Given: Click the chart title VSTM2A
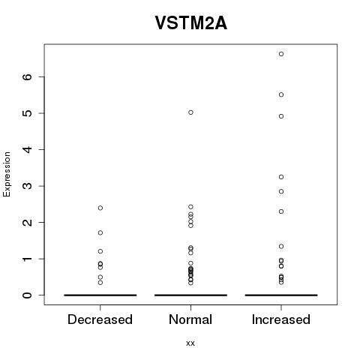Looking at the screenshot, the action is [x=191, y=23].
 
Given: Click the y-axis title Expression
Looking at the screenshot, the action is [x=7, y=174].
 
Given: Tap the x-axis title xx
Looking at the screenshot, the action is [x=190, y=343].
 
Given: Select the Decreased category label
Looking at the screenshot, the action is [x=100, y=319].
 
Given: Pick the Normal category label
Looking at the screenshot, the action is [x=190, y=319].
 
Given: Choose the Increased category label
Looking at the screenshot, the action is [x=281, y=319].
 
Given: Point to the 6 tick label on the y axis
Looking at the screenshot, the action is [x=28, y=76].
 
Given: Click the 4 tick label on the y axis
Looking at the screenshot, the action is [x=28, y=149].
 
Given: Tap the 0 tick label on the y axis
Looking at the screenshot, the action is [x=28, y=295].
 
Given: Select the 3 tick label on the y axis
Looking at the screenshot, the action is [x=28, y=186].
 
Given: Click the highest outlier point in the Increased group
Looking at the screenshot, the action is [x=281, y=54].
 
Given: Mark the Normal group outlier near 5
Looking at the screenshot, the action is [x=190, y=112].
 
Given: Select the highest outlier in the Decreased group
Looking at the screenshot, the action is [x=100, y=208].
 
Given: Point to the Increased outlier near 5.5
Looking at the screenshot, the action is [x=281, y=94].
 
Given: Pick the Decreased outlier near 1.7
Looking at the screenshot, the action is [x=100, y=232].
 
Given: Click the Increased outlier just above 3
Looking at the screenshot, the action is [x=281, y=177].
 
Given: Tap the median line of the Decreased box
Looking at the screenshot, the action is [x=100, y=295].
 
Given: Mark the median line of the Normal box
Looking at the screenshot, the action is [x=190, y=295].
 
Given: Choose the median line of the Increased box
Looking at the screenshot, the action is [x=281, y=295].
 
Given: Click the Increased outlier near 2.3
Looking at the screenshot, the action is [x=281, y=211].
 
